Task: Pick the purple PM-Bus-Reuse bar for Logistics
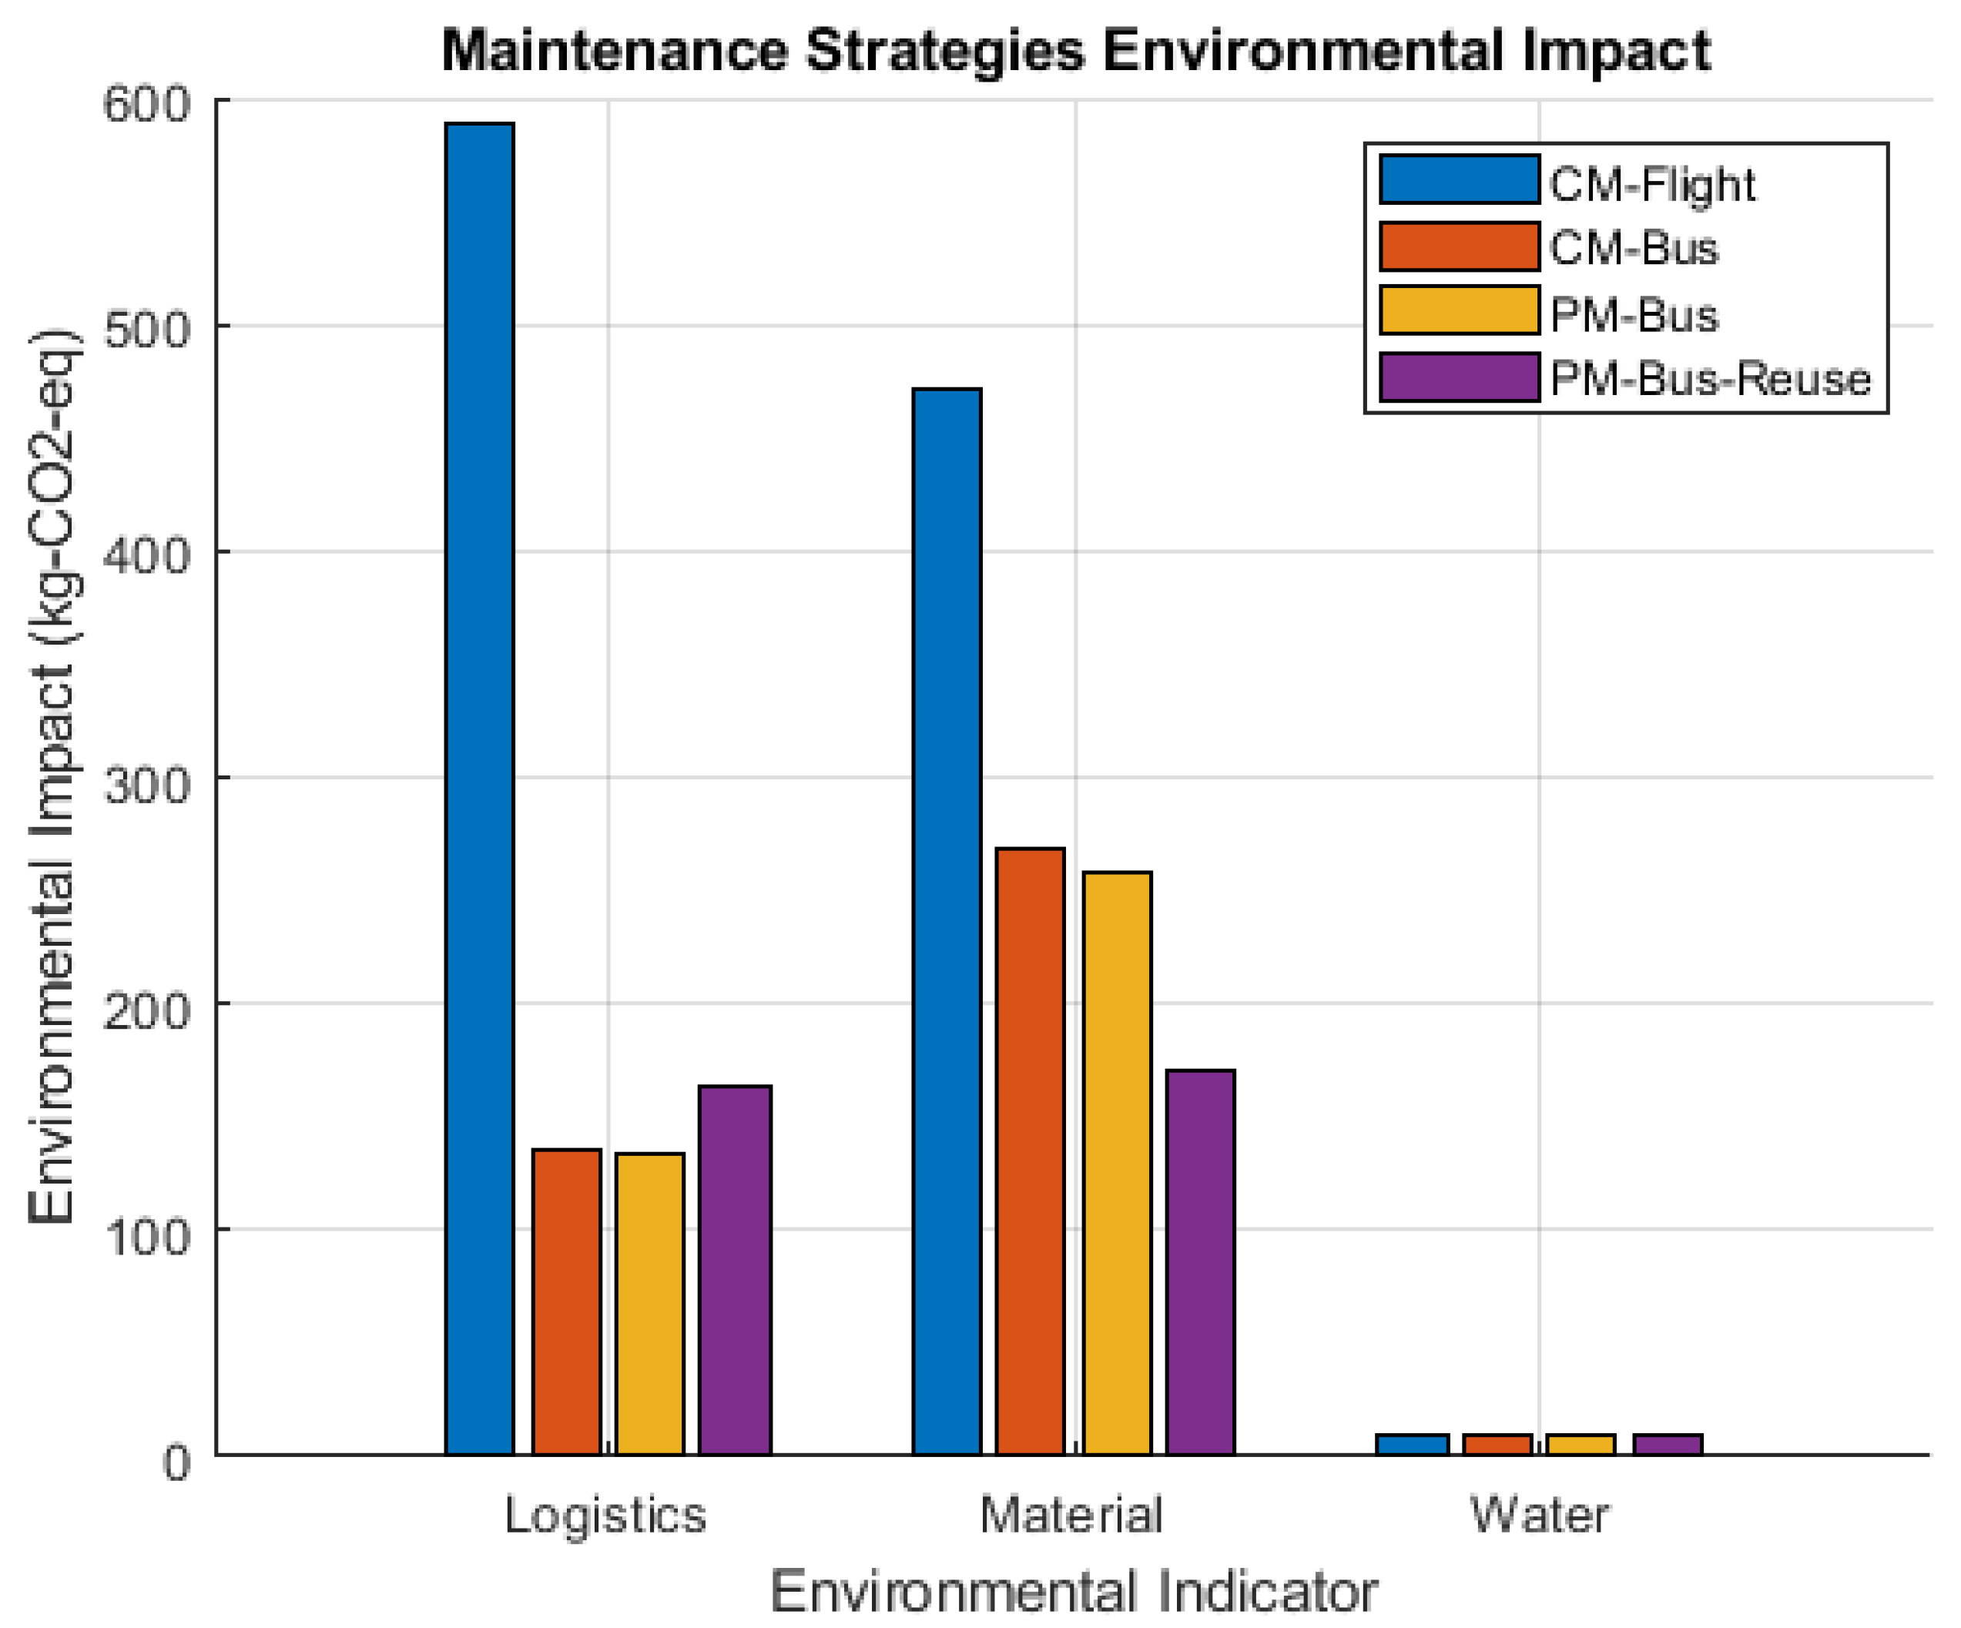coord(735,1270)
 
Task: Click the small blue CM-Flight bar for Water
coord(1412,1444)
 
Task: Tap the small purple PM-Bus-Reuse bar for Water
coord(1668,1444)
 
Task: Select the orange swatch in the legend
coord(1459,247)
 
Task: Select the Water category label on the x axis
coord(1539,1515)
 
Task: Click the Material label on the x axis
coord(1071,1515)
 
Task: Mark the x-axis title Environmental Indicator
coord(1073,1592)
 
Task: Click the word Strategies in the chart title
coord(944,52)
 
